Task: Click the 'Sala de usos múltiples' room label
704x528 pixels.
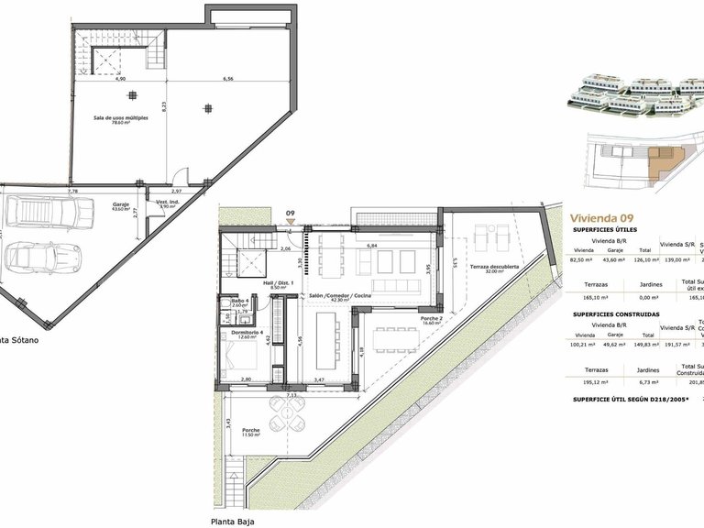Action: (x=120, y=119)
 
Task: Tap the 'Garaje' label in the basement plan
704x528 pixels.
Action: (x=120, y=205)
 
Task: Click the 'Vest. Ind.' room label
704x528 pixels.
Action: (x=166, y=204)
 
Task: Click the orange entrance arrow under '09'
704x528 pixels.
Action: (x=290, y=222)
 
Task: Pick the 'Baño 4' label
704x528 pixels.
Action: (x=238, y=302)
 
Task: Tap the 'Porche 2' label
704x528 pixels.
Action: (x=432, y=320)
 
